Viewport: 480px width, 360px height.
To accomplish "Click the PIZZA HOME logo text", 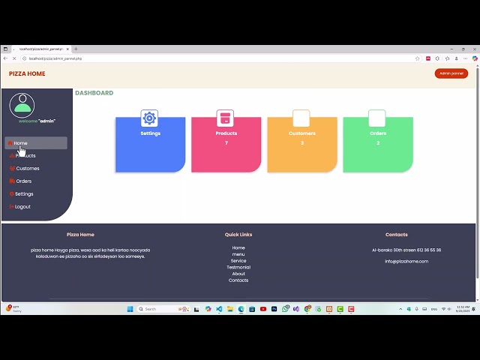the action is tap(27, 73).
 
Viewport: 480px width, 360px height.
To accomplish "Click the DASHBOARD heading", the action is tap(94, 93).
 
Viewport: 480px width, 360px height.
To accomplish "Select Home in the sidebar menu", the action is tap(20, 143).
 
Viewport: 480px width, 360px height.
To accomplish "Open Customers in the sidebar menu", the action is tap(27, 169).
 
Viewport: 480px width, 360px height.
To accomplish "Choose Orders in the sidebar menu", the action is tap(23, 181).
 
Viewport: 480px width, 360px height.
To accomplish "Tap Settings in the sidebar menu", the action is tap(24, 194).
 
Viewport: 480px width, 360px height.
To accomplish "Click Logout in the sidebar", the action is tap(22, 207).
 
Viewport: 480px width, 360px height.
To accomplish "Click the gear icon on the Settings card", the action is tap(149, 118).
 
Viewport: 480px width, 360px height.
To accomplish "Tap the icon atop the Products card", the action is tap(225, 118).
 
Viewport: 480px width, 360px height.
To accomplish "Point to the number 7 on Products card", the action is tap(226, 143).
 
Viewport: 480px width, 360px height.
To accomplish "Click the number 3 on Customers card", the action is tap(302, 143).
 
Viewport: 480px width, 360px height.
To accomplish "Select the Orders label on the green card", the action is tap(378, 133).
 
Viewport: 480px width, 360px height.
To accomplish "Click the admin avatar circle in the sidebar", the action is tap(22, 105).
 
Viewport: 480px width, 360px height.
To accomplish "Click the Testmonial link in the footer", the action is tap(238, 267).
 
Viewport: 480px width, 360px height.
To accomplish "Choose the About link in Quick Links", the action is tap(238, 274).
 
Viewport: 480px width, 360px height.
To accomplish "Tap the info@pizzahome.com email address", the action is tap(406, 261).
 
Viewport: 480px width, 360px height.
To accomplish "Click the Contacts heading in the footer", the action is tap(397, 235).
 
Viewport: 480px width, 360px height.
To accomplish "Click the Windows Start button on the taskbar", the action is tap(130, 309).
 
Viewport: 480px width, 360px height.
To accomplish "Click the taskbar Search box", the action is tap(154, 309).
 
